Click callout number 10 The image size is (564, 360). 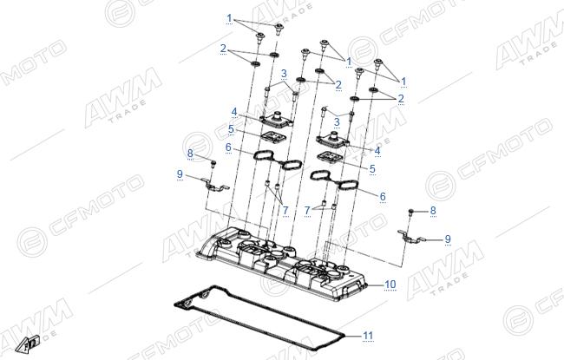coord(390,285)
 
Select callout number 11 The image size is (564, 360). coord(368,336)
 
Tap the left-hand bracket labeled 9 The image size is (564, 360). coord(215,186)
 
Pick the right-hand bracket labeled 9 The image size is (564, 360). coord(410,236)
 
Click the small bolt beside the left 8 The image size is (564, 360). coord(213,164)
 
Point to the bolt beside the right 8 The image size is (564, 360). coord(411,212)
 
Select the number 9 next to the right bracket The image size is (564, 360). coord(448,239)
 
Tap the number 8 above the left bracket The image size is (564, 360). coord(190,154)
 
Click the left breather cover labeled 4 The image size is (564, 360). coord(277,120)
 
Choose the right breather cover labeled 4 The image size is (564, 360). coord(332,139)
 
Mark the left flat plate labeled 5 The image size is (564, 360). coord(273,138)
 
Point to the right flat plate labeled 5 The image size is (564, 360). coord(330,157)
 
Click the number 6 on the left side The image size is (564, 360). coord(228,147)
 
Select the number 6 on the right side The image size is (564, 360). coord(383,196)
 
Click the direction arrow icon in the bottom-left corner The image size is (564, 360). coord(28,344)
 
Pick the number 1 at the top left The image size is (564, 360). coord(229,18)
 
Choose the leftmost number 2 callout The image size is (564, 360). coord(223,49)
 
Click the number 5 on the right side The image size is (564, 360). coord(372,168)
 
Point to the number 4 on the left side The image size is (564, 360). coord(234,112)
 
